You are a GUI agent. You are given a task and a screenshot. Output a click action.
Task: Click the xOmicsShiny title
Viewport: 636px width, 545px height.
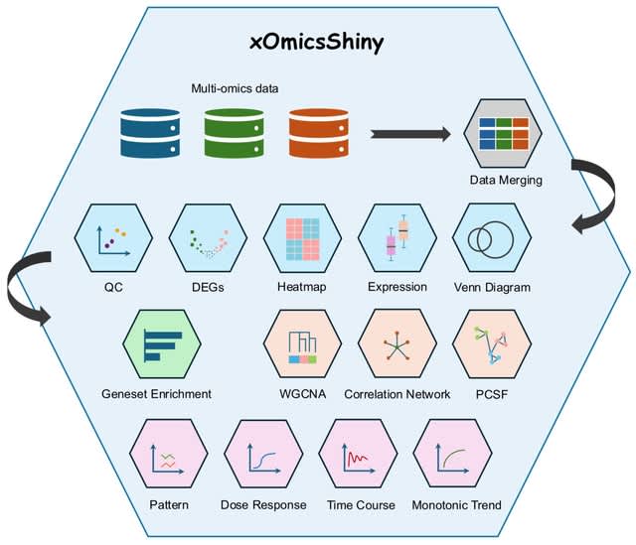point(318,45)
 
